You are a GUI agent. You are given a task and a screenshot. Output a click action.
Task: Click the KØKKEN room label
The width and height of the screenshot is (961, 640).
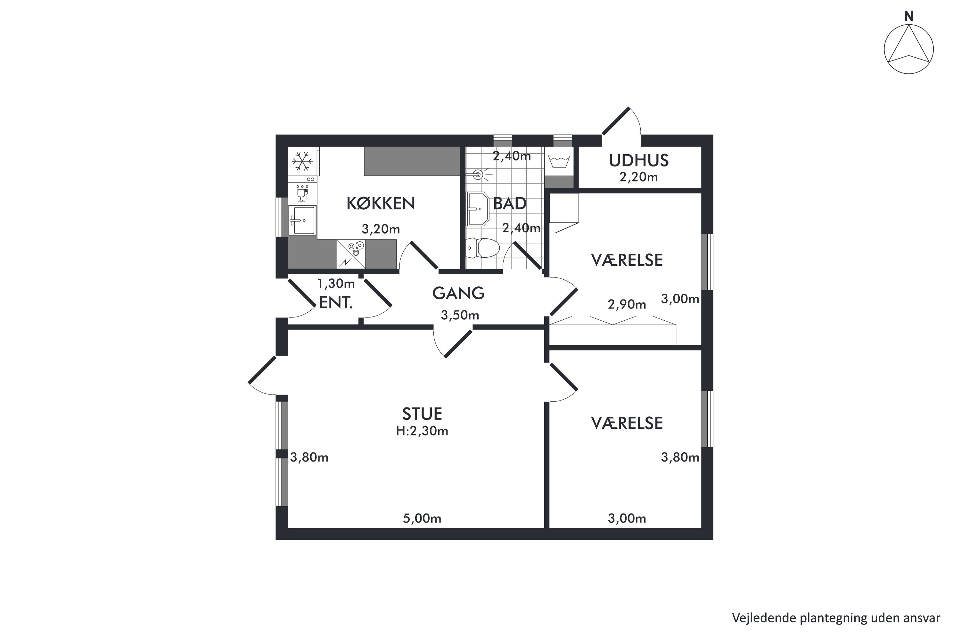tap(381, 203)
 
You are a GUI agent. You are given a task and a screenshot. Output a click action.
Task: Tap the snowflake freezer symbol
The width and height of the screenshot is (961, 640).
tap(302, 161)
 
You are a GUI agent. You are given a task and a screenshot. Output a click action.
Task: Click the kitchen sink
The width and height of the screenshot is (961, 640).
tap(302, 220)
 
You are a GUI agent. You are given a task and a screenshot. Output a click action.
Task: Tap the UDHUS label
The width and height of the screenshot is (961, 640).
tap(639, 160)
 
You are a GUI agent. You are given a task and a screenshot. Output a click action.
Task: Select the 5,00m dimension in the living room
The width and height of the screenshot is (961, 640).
tap(422, 518)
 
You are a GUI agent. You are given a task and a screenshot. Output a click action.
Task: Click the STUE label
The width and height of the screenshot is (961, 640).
tap(422, 414)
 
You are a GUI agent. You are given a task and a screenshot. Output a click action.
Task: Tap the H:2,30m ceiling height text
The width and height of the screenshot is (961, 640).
tap(422, 431)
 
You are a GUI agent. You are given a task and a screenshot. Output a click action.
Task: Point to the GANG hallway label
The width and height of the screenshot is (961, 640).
tap(458, 293)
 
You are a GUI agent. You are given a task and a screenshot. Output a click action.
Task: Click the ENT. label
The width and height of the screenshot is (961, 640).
tap(335, 302)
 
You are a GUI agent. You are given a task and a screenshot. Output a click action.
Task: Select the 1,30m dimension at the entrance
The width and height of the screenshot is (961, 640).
tap(336, 283)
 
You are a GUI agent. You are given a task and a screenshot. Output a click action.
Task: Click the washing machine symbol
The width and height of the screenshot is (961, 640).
tap(559, 161)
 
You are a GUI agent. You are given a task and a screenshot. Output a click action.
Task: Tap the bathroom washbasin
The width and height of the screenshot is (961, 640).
tap(478, 209)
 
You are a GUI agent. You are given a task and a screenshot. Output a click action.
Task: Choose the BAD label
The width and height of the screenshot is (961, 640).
tap(510, 203)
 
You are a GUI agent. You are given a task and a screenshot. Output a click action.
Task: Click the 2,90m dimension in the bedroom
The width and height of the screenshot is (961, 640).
tap(627, 304)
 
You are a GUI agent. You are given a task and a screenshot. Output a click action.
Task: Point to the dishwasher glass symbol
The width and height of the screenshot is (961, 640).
tap(302, 193)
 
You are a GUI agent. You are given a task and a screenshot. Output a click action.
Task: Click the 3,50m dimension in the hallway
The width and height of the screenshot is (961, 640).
tap(460, 315)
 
